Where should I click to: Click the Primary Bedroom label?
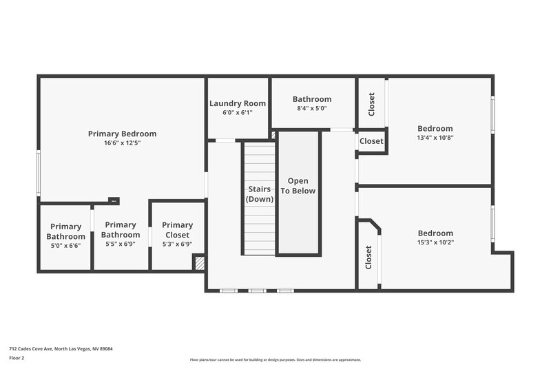[122, 134]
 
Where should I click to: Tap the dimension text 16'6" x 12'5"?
[122, 143]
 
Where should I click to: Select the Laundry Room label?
[238, 103]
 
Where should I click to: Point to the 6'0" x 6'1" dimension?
[238, 112]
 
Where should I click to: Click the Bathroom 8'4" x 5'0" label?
[312, 99]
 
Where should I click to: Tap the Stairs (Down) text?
[260, 193]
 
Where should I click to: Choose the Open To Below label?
[298, 186]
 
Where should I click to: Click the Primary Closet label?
[178, 225]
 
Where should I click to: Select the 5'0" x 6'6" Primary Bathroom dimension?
[65, 245]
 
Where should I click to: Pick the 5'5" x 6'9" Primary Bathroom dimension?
[121, 244]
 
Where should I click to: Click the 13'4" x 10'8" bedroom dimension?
[435, 137]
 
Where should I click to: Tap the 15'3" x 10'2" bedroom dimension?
[435, 242]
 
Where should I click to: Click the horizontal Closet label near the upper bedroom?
[371, 141]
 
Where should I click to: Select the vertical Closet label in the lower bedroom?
[369, 258]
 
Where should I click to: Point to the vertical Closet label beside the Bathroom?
[372, 104]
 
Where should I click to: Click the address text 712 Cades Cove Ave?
[61, 348]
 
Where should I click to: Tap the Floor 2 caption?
[17, 358]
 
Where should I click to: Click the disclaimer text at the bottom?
[275, 359]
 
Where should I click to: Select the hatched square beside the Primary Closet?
[199, 262]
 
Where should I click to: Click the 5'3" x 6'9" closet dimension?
[178, 244]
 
